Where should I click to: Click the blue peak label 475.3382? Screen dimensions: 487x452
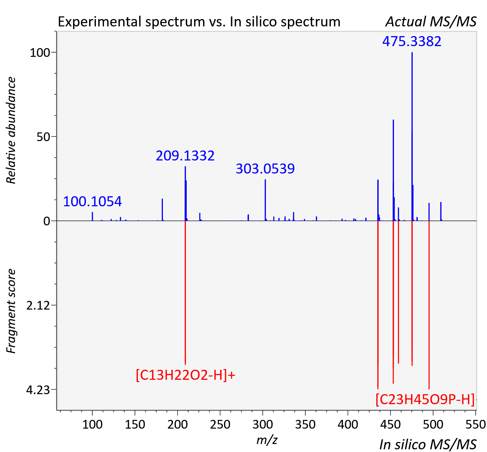tap(412, 41)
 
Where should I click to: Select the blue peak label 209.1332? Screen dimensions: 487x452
tap(185, 156)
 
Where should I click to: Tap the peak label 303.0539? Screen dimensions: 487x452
tap(265, 168)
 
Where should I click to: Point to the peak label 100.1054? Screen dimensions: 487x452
tap(92, 202)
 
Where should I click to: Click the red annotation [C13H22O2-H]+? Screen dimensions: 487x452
tap(185, 375)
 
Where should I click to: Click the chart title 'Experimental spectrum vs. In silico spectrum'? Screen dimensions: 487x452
tap(199, 22)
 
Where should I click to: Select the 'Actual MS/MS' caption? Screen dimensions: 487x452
tap(431, 22)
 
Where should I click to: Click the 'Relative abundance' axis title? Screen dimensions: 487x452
tap(11, 130)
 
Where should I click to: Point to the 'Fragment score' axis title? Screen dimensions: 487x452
tap(11, 311)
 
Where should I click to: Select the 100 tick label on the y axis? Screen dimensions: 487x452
tap(40, 53)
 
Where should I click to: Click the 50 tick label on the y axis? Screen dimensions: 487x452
tap(43, 137)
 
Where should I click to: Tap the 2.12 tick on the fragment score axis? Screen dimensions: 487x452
tap(38, 306)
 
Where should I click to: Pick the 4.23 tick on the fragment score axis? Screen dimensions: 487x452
tap(38, 390)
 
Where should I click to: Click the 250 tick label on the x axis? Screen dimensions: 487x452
tap(220, 424)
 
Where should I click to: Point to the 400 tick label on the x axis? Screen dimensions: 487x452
tap(348, 424)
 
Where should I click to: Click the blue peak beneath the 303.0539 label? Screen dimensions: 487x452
tap(265, 200)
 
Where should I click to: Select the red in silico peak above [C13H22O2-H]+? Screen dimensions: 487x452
tap(185, 293)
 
